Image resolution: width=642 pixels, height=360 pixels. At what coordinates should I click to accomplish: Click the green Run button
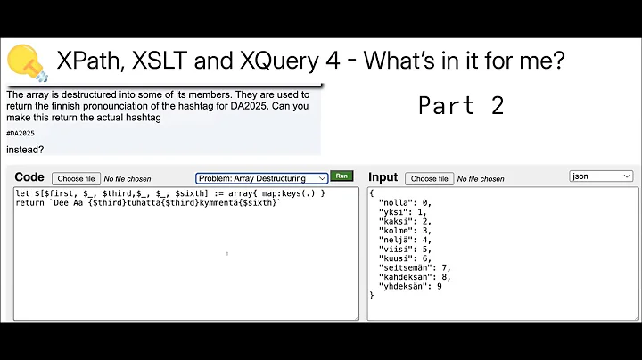pyautogui.click(x=341, y=176)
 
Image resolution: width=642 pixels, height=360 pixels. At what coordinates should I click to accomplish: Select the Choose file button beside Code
pyautogui.click(x=76, y=178)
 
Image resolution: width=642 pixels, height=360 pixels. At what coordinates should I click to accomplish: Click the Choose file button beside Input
pyautogui.click(x=429, y=178)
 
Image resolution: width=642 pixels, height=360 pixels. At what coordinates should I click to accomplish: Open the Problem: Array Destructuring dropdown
pyautogui.click(x=261, y=178)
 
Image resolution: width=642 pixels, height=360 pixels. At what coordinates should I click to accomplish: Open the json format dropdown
pyautogui.click(x=601, y=176)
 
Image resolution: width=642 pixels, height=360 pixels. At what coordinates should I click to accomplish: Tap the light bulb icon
pyautogui.click(x=27, y=61)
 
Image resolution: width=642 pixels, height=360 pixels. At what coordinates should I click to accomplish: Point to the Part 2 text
pyautogui.click(x=461, y=105)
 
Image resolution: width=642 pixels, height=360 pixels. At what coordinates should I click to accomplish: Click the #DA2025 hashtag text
pyautogui.click(x=21, y=133)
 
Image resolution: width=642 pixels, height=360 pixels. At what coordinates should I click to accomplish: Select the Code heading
pyautogui.click(x=29, y=177)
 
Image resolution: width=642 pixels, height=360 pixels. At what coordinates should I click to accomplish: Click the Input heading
pyautogui.click(x=383, y=177)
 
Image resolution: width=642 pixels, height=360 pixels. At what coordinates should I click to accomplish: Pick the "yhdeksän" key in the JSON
pyautogui.click(x=404, y=285)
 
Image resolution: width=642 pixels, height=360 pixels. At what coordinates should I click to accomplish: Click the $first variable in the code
pyautogui.click(x=51, y=193)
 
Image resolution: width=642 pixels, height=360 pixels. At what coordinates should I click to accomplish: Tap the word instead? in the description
pyautogui.click(x=25, y=149)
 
